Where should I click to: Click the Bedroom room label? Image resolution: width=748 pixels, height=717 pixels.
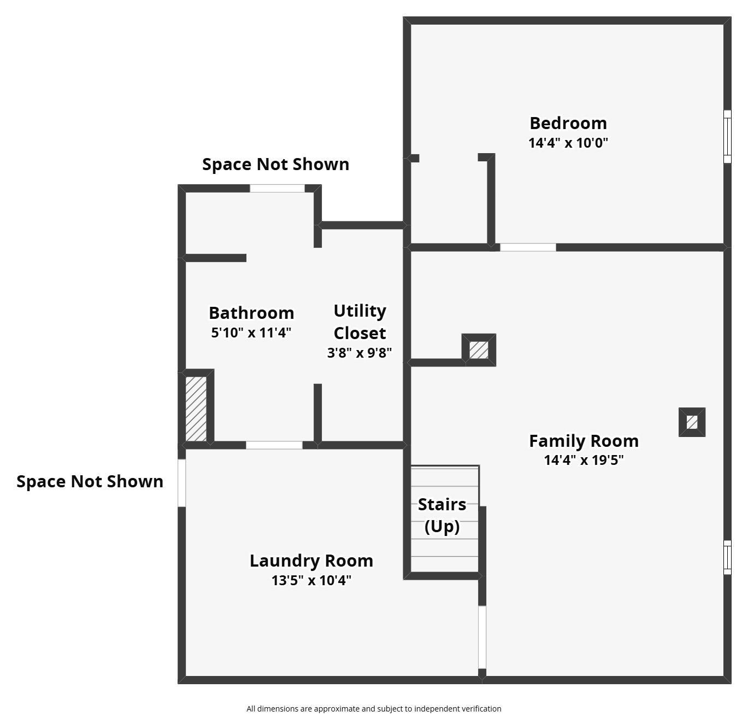(x=568, y=124)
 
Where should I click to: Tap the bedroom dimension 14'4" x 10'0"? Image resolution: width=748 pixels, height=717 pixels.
(x=568, y=143)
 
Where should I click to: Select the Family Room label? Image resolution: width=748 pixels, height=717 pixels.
(x=584, y=441)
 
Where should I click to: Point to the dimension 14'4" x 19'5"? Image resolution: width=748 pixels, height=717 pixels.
(x=584, y=460)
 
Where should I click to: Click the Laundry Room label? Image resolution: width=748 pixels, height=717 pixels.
(x=311, y=561)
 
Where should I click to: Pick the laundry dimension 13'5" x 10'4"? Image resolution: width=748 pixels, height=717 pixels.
(x=311, y=580)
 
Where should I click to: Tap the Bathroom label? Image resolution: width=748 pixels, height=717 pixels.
(x=251, y=313)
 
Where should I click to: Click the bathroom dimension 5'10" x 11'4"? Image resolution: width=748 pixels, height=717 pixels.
(x=251, y=333)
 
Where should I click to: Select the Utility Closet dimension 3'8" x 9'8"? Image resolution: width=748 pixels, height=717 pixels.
(x=360, y=353)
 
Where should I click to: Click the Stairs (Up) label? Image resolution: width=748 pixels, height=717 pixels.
(x=442, y=515)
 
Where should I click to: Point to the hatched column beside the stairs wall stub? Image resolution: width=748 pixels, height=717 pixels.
(x=479, y=350)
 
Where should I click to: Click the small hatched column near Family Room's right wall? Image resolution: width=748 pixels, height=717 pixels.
(x=692, y=422)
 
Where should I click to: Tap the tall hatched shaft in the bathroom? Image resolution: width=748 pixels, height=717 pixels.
(x=196, y=409)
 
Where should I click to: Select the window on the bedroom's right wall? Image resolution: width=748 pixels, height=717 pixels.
(x=727, y=137)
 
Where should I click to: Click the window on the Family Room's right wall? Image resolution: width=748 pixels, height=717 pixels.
(x=727, y=557)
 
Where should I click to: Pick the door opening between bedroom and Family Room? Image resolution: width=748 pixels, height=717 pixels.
(x=528, y=247)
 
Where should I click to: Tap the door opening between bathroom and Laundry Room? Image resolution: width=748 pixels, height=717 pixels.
(x=274, y=445)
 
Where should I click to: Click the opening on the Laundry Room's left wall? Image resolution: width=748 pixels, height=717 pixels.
(x=182, y=483)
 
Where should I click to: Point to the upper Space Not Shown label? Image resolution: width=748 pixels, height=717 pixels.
(x=275, y=165)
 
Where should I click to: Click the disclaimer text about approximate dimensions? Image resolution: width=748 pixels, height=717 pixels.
(x=374, y=709)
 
